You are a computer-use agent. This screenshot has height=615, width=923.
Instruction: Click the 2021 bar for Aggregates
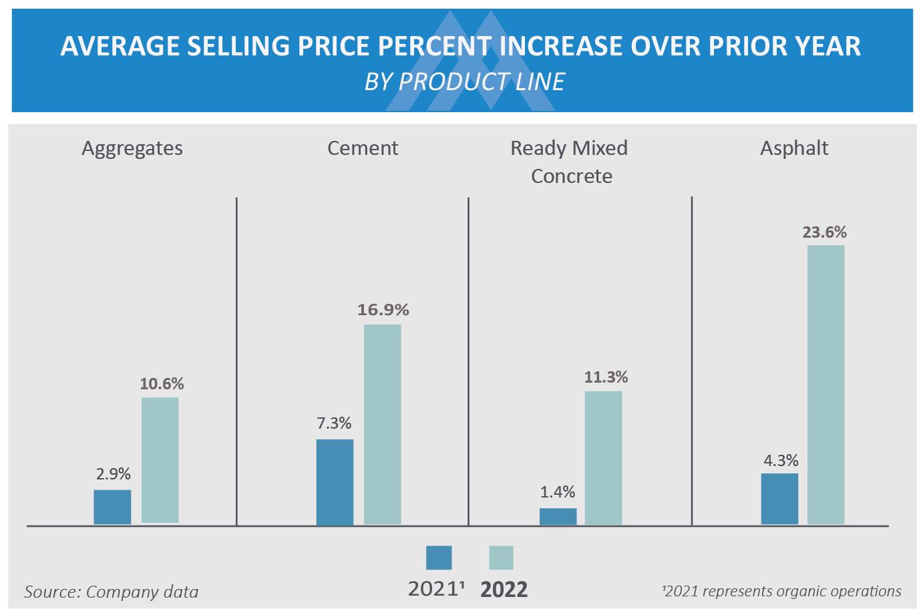[x=112, y=507]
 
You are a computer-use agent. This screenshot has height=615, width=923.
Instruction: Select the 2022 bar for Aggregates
[x=160, y=461]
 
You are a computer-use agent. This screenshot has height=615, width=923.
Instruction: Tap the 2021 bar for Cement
[x=335, y=482]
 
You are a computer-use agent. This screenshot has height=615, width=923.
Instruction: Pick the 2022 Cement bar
[x=383, y=425]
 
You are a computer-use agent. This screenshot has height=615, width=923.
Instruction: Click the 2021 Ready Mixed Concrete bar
[x=558, y=517]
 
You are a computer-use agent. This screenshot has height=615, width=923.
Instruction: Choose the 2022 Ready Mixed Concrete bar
[x=603, y=458]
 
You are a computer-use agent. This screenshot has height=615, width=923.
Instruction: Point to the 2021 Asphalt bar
[x=779, y=499]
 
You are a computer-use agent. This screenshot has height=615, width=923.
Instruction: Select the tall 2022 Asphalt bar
[x=825, y=385]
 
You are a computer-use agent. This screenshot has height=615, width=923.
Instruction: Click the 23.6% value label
[x=825, y=232]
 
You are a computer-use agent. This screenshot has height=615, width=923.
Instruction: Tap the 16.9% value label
[x=383, y=310]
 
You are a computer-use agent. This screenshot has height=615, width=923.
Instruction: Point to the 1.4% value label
[x=558, y=492]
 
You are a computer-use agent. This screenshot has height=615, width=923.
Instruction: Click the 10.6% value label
[x=162, y=384]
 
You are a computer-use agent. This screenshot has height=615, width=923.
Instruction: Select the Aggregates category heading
[x=132, y=149]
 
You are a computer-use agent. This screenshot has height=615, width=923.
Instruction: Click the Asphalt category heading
[x=794, y=148]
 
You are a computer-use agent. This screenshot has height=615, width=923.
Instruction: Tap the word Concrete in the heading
[x=572, y=176]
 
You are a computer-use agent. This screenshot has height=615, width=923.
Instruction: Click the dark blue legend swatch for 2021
[x=439, y=558]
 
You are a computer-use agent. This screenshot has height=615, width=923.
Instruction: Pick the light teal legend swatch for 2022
[x=501, y=558]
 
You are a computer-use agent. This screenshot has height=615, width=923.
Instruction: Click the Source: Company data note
[x=112, y=592]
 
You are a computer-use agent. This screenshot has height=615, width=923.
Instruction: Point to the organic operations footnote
[x=781, y=591]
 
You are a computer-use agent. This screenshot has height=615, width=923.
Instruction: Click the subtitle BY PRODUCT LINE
[x=464, y=81]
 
